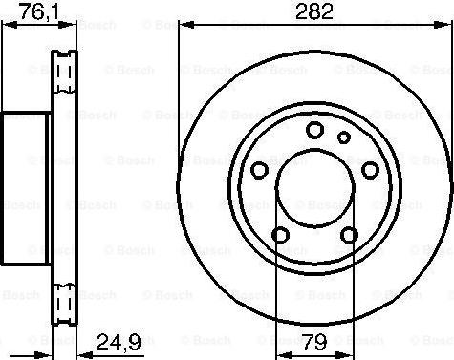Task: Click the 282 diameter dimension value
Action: pyautogui.click(x=314, y=11)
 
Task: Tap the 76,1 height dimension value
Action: pyautogui.click(x=39, y=12)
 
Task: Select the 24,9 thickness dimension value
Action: pyautogui.click(x=119, y=342)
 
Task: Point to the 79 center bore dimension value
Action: pyautogui.click(x=314, y=342)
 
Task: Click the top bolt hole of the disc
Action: pyautogui.click(x=314, y=130)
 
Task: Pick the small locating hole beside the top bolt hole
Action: pyautogui.click(x=344, y=138)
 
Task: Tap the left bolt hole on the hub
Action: pyautogui.click(x=259, y=170)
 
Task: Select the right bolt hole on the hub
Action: pyautogui.click(x=370, y=170)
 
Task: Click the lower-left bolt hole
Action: pyautogui.click(x=281, y=235)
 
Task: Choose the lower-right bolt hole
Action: pyautogui.click(x=349, y=235)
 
